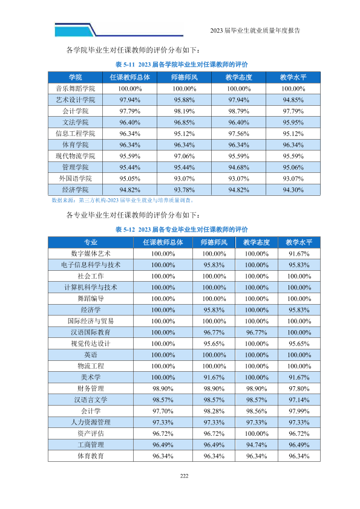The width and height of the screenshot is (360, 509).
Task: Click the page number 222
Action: tap(184, 476)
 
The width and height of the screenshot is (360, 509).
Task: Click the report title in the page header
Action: tap(255, 30)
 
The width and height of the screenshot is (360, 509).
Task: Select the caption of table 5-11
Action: tap(182, 64)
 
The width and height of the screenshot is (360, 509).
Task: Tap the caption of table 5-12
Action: tap(182, 230)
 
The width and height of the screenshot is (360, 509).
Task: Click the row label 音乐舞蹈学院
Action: tap(76, 89)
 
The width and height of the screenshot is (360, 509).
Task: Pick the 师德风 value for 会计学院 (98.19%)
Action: tap(184, 111)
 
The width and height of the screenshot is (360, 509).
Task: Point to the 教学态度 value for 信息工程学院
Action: tap(239, 134)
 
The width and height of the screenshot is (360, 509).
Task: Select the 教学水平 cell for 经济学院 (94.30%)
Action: tap(293, 190)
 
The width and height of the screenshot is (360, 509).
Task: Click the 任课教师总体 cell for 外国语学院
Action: tap(130, 178)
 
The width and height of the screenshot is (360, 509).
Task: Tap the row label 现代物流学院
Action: tap(76, 156)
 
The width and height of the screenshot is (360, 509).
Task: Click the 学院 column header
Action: tap(76, 77)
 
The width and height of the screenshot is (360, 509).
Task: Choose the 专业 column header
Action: tap(91, 242)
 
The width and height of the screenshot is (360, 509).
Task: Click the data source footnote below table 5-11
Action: tap(123, 200)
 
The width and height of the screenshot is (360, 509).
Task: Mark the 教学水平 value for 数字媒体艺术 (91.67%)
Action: tap(299, 253)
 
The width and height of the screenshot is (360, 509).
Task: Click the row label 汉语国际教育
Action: tap(91, 332)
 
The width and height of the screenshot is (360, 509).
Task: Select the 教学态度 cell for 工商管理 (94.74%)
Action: tap(257, 445)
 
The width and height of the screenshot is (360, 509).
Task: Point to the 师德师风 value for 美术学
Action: tap(214, 377)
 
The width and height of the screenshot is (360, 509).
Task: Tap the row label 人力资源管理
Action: tap(91, 422)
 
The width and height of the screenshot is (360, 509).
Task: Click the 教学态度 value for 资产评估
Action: tap(257, 433)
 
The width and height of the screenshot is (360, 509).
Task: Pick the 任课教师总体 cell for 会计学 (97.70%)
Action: tap(163, 411)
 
